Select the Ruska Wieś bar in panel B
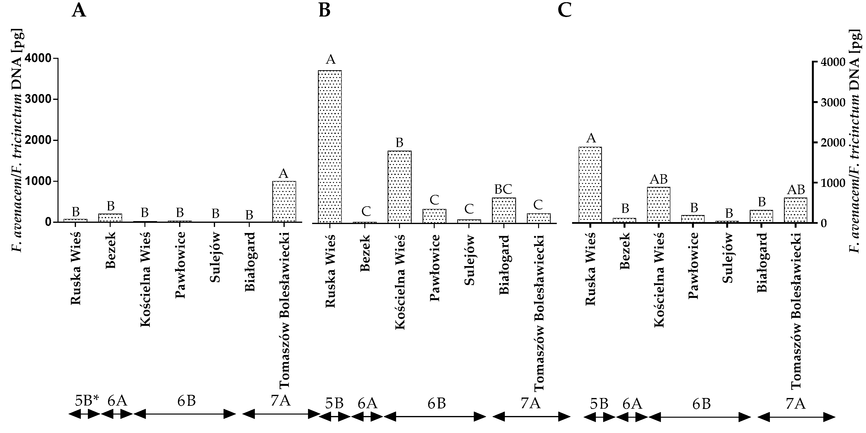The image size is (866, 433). [x=330, y=146]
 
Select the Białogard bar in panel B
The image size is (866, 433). [x=504, y=210]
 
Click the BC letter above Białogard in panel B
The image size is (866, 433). [x=503, y=190]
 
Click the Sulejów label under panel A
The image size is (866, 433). [x=215, y=257]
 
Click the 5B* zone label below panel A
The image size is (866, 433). [x=87, y=401]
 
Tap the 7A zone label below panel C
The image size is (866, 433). [x=796, y=403]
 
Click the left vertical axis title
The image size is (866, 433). [x=17, y=141]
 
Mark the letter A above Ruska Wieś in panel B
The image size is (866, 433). [x=331, y=60]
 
